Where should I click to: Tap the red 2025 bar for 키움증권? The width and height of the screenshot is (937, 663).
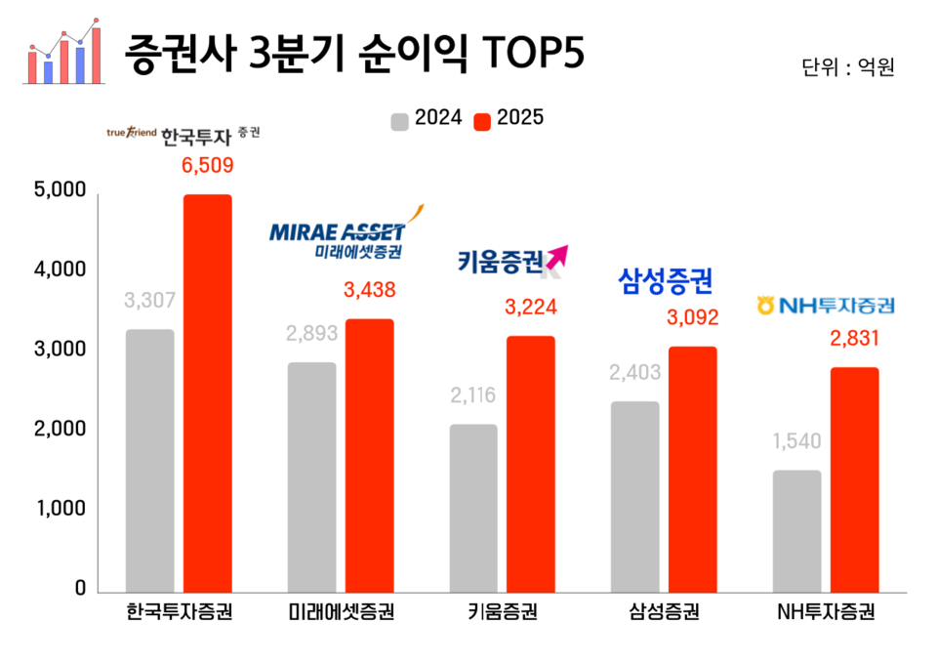530,463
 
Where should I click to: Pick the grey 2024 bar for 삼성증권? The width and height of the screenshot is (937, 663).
633,496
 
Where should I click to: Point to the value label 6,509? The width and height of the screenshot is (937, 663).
208,165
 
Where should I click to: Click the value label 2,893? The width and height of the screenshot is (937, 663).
311,333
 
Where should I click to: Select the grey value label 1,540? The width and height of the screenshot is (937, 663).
797,441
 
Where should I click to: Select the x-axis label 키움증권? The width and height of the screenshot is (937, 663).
503,614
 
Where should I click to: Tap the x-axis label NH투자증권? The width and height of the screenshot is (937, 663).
825,614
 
